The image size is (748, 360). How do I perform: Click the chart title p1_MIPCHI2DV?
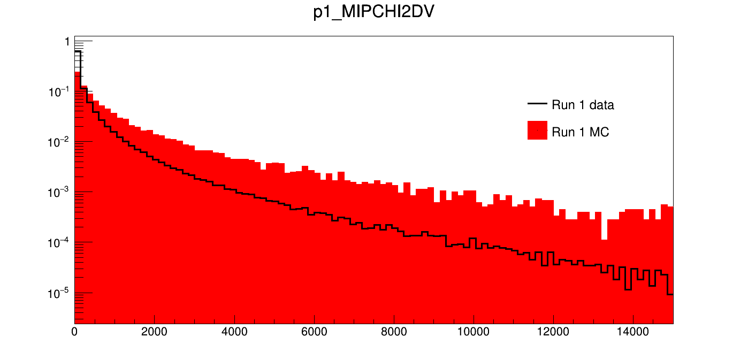373,13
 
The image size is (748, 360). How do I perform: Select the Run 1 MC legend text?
580,132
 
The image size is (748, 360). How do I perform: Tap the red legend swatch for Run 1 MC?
537,131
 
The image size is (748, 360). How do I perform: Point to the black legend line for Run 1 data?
537,104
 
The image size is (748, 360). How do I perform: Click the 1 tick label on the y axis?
66,42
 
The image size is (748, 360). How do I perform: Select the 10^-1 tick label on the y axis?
58,91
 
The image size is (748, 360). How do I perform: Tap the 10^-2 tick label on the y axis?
58,142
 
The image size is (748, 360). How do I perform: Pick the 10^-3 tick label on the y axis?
58,192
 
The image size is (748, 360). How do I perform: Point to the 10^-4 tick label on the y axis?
58,242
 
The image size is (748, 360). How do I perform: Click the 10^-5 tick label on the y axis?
58,293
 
